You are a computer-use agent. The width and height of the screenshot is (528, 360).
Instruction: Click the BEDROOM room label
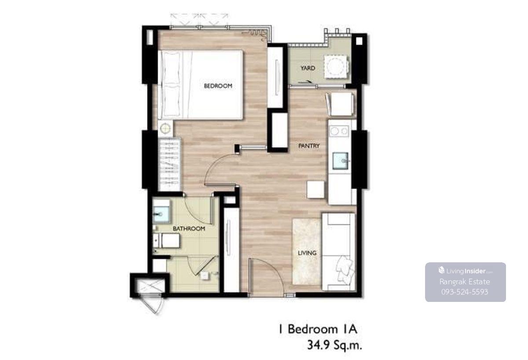[218, 86]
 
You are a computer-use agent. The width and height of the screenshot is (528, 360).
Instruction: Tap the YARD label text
[308, 68]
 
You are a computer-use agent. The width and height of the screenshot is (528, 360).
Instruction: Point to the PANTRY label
[309, 146]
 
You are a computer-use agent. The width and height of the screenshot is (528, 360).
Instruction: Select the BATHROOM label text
[189, 229]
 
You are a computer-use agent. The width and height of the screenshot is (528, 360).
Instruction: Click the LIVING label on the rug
[307, 253]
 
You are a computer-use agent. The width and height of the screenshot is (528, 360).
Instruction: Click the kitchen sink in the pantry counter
[341, 161]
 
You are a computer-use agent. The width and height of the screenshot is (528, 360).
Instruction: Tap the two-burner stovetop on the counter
[339, 131]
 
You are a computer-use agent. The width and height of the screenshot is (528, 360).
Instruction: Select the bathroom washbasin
[161, 215]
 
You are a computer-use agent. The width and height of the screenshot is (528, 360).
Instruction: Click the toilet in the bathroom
[166, 240]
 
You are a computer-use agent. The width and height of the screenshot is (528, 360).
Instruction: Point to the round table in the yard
[335, 67]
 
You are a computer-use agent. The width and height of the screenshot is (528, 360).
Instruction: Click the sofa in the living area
[338, 252]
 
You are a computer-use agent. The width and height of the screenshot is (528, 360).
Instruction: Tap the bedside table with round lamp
[165, 129]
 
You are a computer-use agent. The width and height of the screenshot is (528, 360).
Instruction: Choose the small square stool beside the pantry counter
[315, 190]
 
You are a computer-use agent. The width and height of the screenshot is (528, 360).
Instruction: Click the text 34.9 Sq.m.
[334, 345]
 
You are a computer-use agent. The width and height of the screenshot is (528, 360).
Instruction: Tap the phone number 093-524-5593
[465, 292]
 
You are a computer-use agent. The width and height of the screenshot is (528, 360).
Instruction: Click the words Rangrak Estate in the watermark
[465, 282]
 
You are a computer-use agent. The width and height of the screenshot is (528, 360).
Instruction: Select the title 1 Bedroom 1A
[318, 329]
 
